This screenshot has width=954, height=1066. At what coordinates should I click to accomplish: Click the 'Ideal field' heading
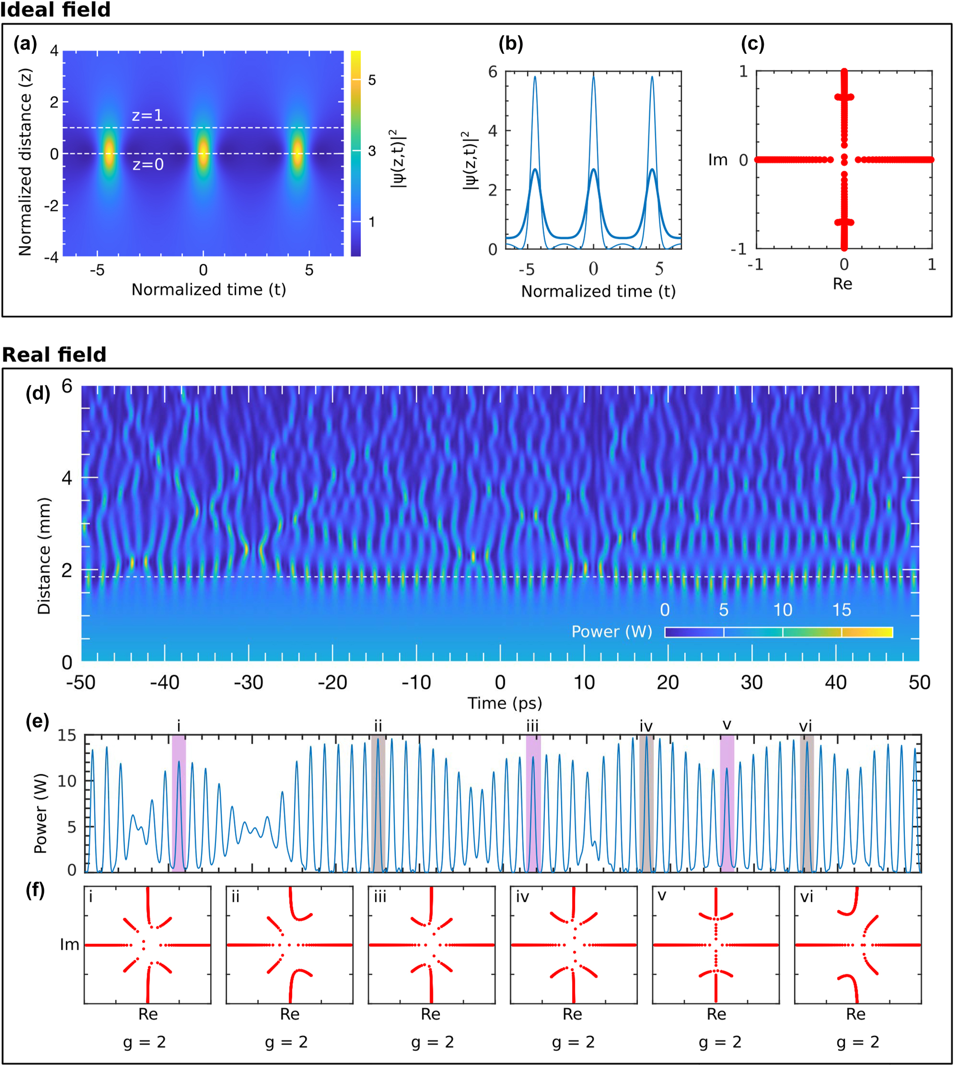(55, 10)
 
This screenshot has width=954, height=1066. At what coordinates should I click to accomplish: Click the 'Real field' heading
(54, 355)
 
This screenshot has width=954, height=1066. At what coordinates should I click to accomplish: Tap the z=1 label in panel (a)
(147, 115)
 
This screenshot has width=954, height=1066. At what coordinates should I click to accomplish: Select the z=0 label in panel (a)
(148, 164)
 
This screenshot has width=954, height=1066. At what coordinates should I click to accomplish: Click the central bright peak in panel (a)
(203, 154)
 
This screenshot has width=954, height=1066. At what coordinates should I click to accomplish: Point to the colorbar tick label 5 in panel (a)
(372, 80)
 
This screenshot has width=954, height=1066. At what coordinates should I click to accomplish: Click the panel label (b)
(511, 44)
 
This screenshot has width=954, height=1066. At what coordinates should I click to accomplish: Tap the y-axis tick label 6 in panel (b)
(492, 72)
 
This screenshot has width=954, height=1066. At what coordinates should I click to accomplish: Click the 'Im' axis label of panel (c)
(718, 160)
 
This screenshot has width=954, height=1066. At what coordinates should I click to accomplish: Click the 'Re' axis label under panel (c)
(842, 284)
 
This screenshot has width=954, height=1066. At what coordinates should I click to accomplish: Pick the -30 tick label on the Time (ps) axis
(248, 682)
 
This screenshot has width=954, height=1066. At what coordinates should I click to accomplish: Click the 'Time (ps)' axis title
(504, 703)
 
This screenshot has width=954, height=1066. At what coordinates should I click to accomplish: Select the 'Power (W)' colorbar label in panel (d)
(611, 632)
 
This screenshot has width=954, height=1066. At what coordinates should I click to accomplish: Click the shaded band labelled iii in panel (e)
(533, 802)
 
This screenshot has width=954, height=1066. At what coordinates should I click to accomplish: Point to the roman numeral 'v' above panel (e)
(727, 725)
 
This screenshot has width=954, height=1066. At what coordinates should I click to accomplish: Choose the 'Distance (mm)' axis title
(44, 555)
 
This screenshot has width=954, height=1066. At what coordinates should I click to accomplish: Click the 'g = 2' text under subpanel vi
(858, 1043)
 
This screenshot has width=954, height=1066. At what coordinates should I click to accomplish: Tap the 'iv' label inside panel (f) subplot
(522, 897)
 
